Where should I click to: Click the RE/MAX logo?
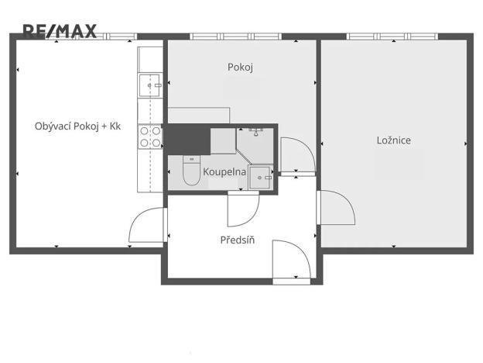pyautogui.click(x=60, y=31)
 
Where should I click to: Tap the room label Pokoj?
pyautogui.click(x=241, y=67)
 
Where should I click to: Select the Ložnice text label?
pyautogui.click(x=393, y=140)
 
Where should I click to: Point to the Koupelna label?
pyautogui.click(x=224, y=171)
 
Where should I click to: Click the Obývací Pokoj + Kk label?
pyautogui.click(x=78, y=126)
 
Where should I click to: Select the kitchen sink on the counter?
pyautogui.click(x=149, y=82)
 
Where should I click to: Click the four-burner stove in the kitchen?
pyautogui.click(x=149, y=137)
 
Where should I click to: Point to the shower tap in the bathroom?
pyautogui.click(x=255, y=133)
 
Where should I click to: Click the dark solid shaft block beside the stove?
pyautogui.click(x=187, y=139)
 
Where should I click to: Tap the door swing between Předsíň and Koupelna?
pyautogui.click(x=243, y=209)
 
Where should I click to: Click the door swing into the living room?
pyautogui.click(x=146, y=228)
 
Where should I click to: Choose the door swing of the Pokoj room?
pyautogui.click(x=297, y=155)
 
